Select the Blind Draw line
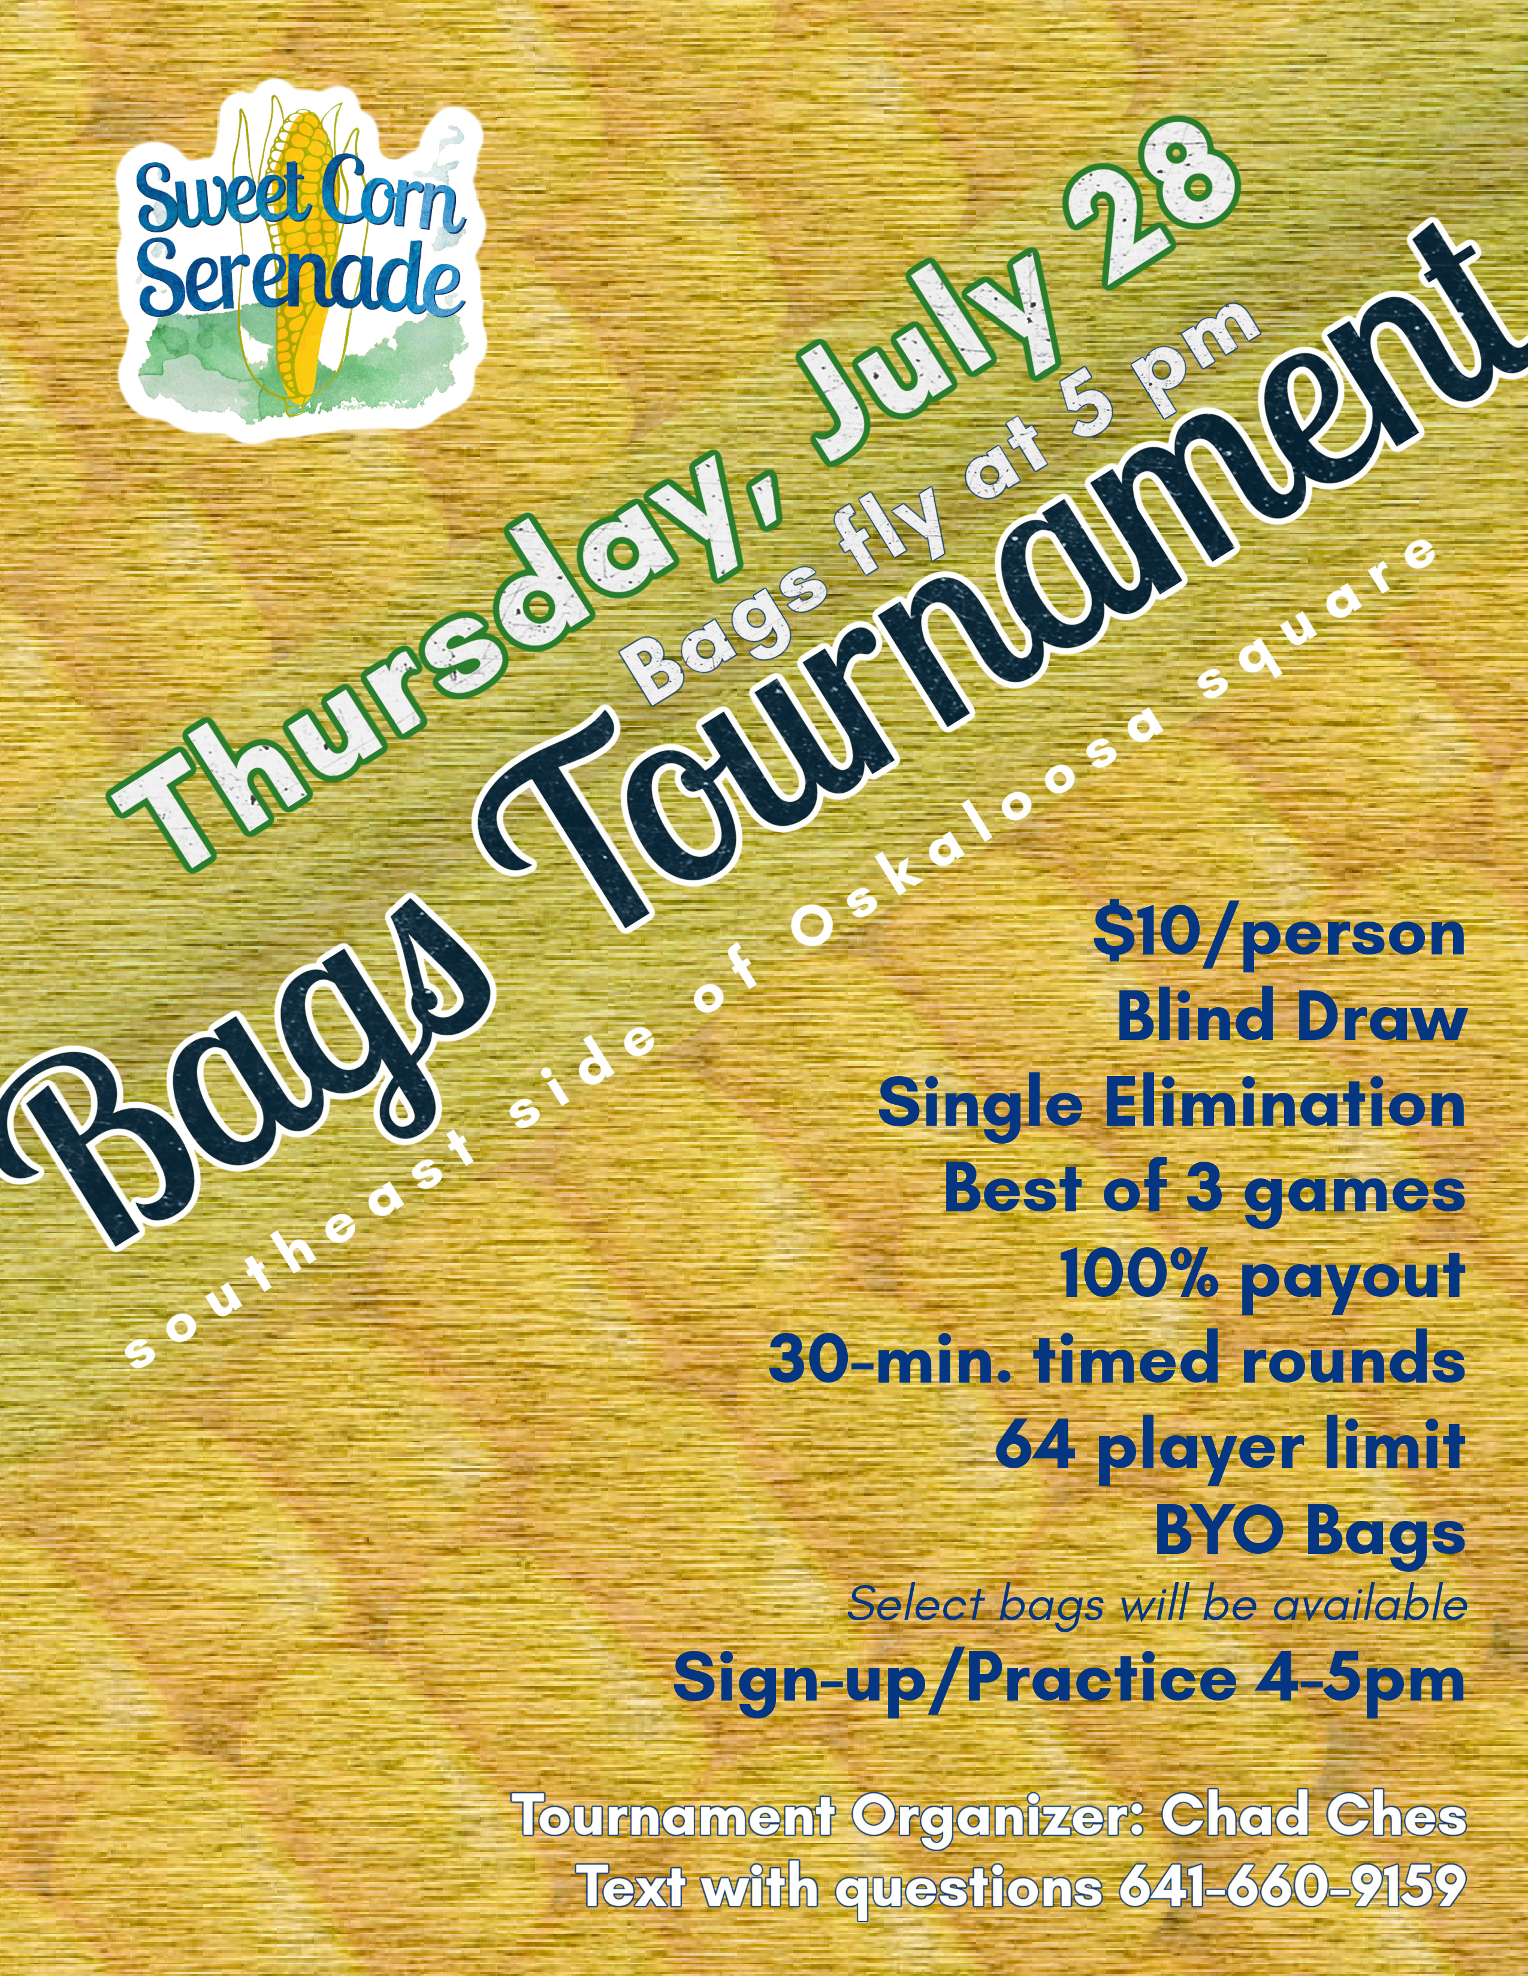tap(1291, 1017)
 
